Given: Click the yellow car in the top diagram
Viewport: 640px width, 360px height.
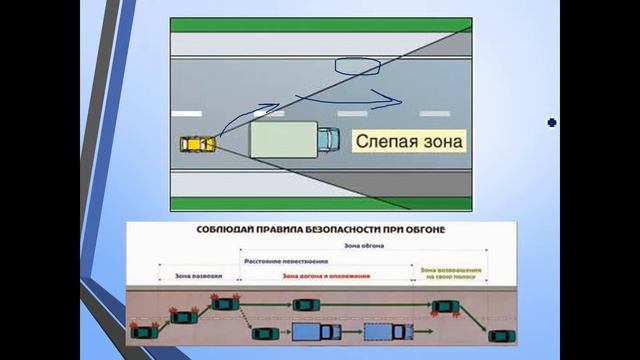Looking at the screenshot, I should point(197,144).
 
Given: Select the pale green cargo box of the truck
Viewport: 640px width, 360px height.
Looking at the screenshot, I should point(283,139).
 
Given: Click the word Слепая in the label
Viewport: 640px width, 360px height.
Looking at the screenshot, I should point(383,142).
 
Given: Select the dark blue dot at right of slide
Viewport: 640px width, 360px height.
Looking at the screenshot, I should point(551,123).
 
